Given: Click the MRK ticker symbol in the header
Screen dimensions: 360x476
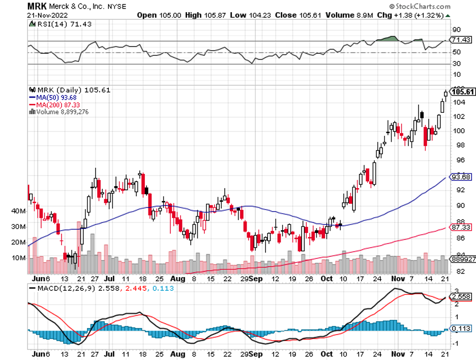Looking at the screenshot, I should tap(38, 7).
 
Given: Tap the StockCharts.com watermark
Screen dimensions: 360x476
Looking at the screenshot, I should tap(422, 7).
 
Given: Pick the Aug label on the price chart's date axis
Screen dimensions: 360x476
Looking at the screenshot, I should tap(177, 279).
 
